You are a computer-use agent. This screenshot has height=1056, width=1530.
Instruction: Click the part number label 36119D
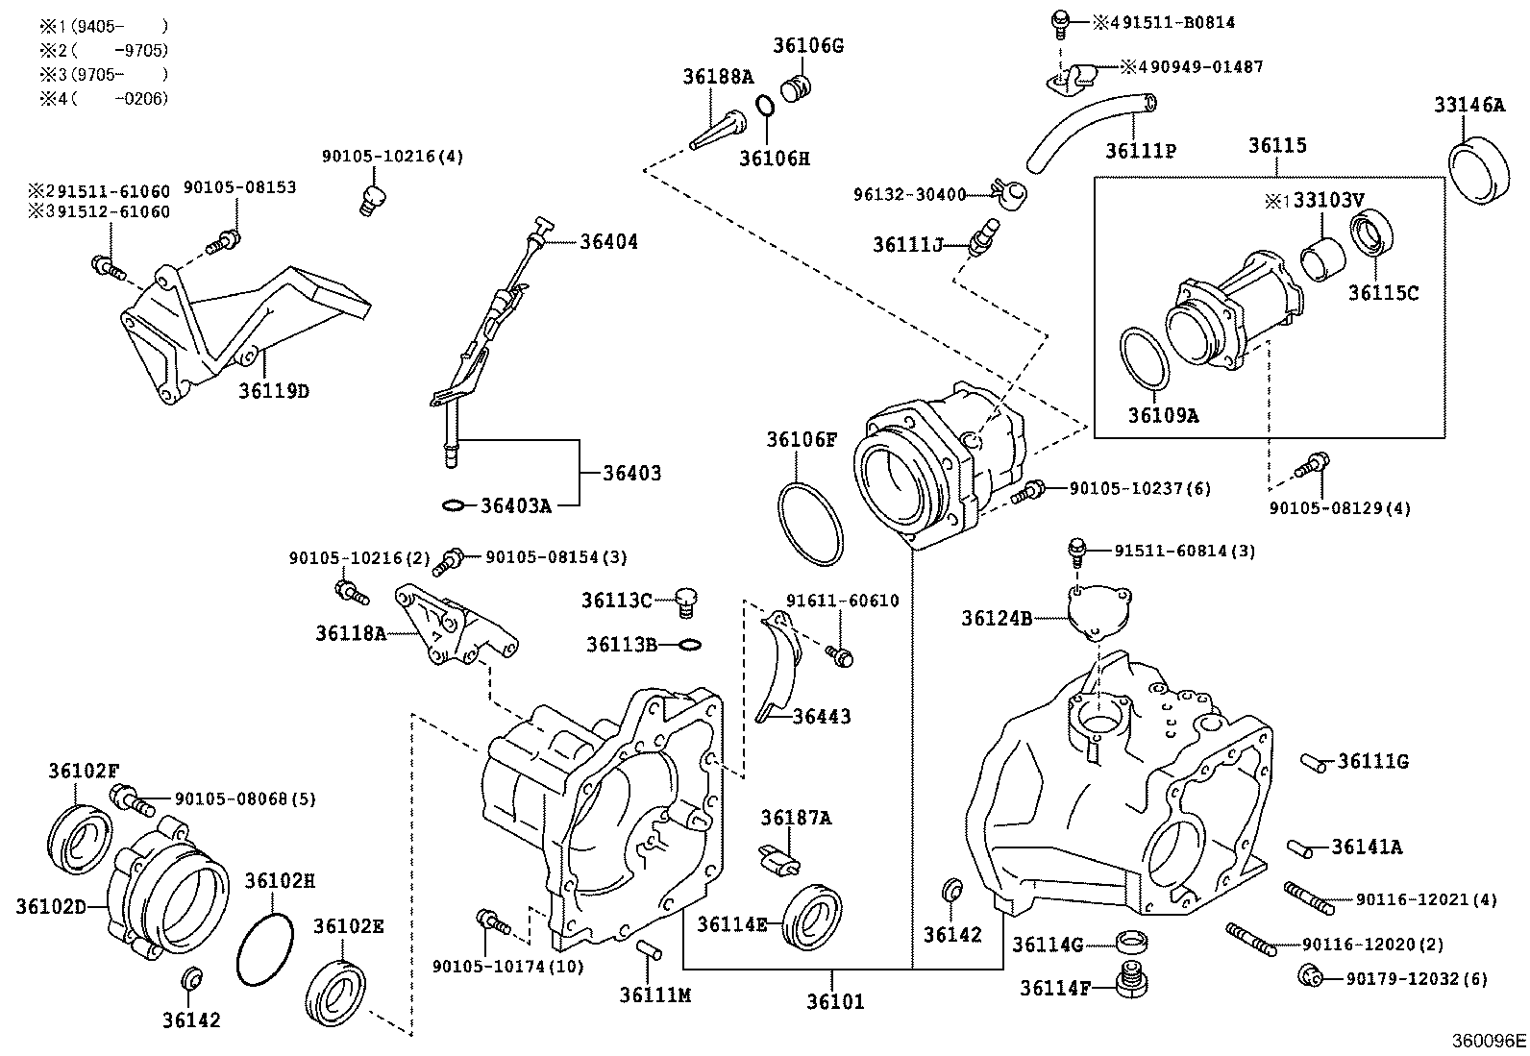(274, 391)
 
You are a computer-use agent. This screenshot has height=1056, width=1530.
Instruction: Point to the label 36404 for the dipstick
(608, 241)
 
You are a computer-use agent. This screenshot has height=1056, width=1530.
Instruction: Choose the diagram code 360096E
(1489, 1041)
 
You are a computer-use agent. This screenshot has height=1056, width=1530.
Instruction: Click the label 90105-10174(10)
(507, 966)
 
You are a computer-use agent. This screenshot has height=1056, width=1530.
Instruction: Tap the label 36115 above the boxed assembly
(1277, 146)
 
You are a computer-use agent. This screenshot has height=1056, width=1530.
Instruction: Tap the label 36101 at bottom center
(835, 1001)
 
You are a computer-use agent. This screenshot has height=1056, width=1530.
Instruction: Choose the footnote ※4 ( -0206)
(104, 98)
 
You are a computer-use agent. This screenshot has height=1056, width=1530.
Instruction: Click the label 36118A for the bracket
(351, 632)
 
